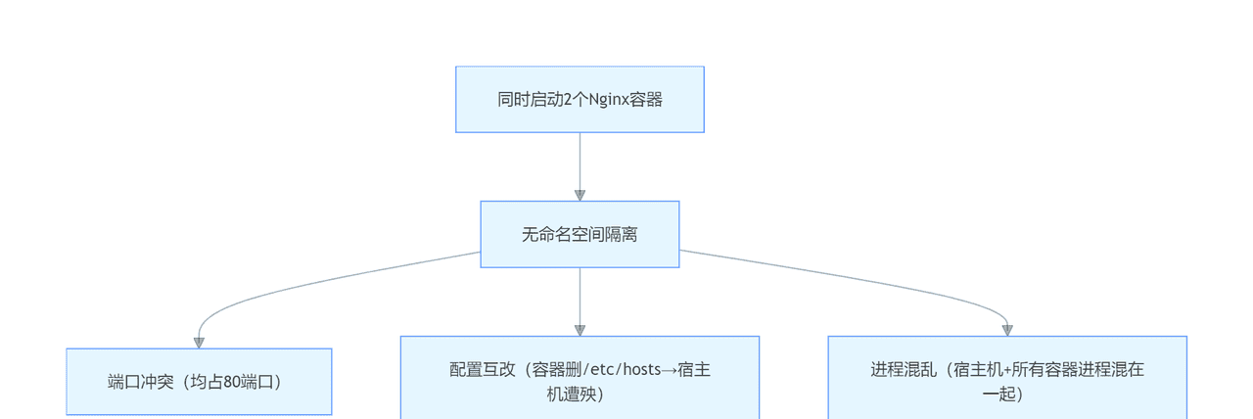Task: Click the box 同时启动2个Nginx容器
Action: click(x=580, y=99)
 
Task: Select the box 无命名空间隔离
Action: click(x=580, y=234)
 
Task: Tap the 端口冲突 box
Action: click(x=199, y=382)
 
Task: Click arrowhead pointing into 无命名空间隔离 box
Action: click(x=580, y=195)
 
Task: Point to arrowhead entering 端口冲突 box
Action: click(x=199, y=342)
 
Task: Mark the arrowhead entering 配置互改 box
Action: click(x=580, y=330)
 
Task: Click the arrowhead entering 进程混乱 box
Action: click(x=1006, y=330)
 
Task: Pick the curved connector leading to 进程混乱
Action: click(x=861, y=280)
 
